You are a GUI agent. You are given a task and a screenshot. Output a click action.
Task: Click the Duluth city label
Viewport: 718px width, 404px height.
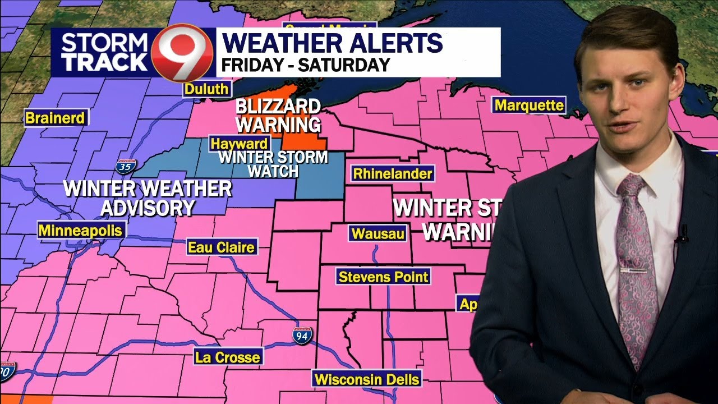(206, 89)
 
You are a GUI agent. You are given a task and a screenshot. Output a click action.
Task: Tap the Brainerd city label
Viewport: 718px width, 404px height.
(56, 118)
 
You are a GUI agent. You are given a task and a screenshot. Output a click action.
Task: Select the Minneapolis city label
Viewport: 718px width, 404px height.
(80, 230)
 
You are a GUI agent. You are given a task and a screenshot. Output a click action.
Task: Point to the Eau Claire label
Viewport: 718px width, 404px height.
(222, 247)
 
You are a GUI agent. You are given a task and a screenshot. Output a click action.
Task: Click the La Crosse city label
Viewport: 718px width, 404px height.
(227, 357)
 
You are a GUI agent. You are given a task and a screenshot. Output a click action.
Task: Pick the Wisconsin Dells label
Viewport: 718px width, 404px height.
(367, 379)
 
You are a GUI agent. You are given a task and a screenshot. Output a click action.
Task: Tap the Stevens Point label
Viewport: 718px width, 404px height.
(384, 276)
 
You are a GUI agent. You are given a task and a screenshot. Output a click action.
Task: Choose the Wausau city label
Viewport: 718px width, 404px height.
(378, 233)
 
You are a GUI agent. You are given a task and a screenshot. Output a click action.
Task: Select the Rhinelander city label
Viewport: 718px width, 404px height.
(393, 173)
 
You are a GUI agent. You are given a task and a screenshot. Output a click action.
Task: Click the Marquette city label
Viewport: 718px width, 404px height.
(529, 105)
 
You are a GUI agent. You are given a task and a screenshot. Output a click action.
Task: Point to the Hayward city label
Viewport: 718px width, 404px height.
(239, 144)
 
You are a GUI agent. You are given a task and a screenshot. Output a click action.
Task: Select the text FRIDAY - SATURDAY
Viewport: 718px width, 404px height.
(306, 65)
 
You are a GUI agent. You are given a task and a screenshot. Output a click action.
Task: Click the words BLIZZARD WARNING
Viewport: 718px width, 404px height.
(278, 114)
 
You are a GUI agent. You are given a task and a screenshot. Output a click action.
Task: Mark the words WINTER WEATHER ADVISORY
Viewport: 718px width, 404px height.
(147, 198)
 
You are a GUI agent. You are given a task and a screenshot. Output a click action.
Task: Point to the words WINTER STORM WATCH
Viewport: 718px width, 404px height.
(273, 164)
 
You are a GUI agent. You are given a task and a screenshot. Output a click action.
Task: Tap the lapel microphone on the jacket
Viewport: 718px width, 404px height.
(682, 235)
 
